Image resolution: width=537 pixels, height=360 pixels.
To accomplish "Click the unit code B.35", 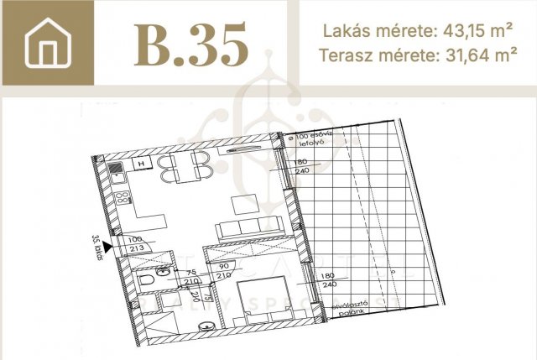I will point(191,44).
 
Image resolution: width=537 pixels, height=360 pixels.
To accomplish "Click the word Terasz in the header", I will point(345,56).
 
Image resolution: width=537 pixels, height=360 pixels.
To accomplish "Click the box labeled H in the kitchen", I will point(141,164).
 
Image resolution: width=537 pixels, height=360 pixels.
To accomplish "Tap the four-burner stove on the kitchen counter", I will point(123,201).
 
